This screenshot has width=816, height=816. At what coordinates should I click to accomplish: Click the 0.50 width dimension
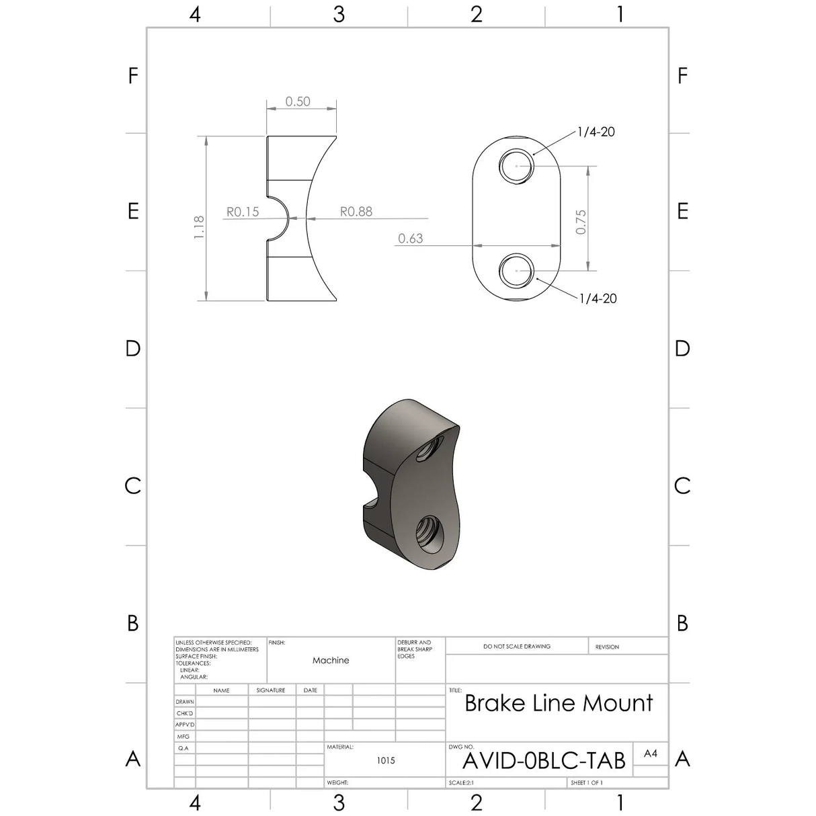click(x=298, y=101)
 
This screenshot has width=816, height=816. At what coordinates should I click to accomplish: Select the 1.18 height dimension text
click(x=199, y=227)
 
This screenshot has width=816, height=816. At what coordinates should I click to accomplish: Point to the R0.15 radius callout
click(x=243, y=212)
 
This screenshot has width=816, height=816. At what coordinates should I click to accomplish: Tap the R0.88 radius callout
click(x=356, y=212)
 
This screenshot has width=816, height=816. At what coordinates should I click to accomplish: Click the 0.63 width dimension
click(x=410, y=239)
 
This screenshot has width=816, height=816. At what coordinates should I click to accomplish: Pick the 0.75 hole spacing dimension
click(x=581, y=222)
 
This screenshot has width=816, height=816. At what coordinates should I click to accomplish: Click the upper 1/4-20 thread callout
click(x=596, y=132)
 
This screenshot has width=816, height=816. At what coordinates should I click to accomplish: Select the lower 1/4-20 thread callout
click(x=598, y=298)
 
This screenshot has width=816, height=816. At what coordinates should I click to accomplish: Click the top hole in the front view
click(x=516, y=165)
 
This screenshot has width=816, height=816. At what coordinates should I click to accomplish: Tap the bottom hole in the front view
click(x=516, y=270)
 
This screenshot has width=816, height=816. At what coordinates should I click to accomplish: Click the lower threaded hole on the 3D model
click(x=427, y=533)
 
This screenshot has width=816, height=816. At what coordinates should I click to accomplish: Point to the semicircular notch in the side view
click(x=279, y=218)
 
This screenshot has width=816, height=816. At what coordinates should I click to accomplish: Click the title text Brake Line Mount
click(x=558, y=703)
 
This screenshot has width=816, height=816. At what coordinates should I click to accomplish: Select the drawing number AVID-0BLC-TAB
click(x=544, y=761)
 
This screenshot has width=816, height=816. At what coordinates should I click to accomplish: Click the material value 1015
click(x=386, y=760)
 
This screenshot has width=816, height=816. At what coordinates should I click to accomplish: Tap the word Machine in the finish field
click(x=331, y=661)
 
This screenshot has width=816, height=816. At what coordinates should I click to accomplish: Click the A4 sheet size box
click(x=650, y=753)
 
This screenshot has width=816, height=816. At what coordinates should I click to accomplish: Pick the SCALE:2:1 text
click(x=461, y=783)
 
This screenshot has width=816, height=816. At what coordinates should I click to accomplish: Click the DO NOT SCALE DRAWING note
click(x=516, y=647)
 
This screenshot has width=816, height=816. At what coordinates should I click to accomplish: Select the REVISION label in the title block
click(x=607, y=647)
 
